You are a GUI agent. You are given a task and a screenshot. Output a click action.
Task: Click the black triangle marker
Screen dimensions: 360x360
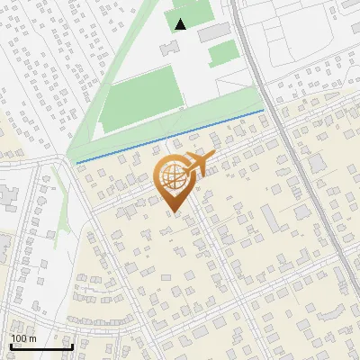click(181, 24)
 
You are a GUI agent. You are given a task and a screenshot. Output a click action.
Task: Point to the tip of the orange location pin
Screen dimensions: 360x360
click(174, 212)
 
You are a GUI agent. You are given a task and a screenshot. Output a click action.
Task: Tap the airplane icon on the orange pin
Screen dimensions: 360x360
click(199, 164)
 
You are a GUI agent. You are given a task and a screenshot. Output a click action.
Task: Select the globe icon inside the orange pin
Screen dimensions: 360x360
click(173, 179)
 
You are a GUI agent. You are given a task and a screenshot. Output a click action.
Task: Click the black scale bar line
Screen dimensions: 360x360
click(41, 346)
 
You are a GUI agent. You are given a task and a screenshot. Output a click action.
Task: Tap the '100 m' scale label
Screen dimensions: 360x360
click(23, 338)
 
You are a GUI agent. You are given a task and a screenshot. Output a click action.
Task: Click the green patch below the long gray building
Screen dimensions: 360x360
click(222, 54)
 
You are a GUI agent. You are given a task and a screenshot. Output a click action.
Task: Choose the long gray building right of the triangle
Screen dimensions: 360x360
click(215, 32)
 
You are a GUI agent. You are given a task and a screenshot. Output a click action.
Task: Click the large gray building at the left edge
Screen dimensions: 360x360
click(4, 193)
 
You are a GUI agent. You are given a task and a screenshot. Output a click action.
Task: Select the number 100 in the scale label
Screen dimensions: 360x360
click(19, 338)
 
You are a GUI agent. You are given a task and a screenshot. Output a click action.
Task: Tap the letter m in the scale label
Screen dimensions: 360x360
click(33, 338)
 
